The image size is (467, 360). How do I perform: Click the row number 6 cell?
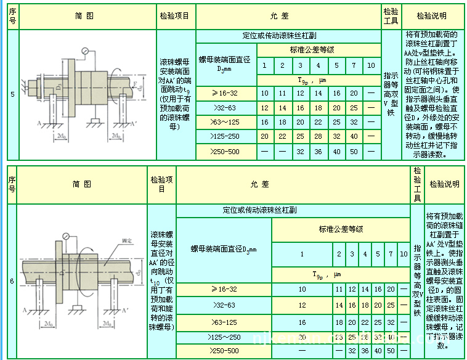tap(12, 280)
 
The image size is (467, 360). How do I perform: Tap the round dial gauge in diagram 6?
tap(65, 235)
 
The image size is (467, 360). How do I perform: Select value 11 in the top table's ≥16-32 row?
tap(282, 93)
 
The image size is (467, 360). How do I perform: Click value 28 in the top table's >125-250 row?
tap(317, 137)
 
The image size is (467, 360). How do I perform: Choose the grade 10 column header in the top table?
tap(370, 65)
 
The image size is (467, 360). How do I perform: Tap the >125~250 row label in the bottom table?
tap(224, 337)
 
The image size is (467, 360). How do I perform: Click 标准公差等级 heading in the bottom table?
tap(340, 229)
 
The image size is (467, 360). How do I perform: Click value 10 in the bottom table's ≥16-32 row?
tap(302, 288)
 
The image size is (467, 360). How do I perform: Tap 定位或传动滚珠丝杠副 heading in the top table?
tap(288, 36)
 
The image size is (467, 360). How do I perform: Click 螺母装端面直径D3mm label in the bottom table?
tap(223, 249)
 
